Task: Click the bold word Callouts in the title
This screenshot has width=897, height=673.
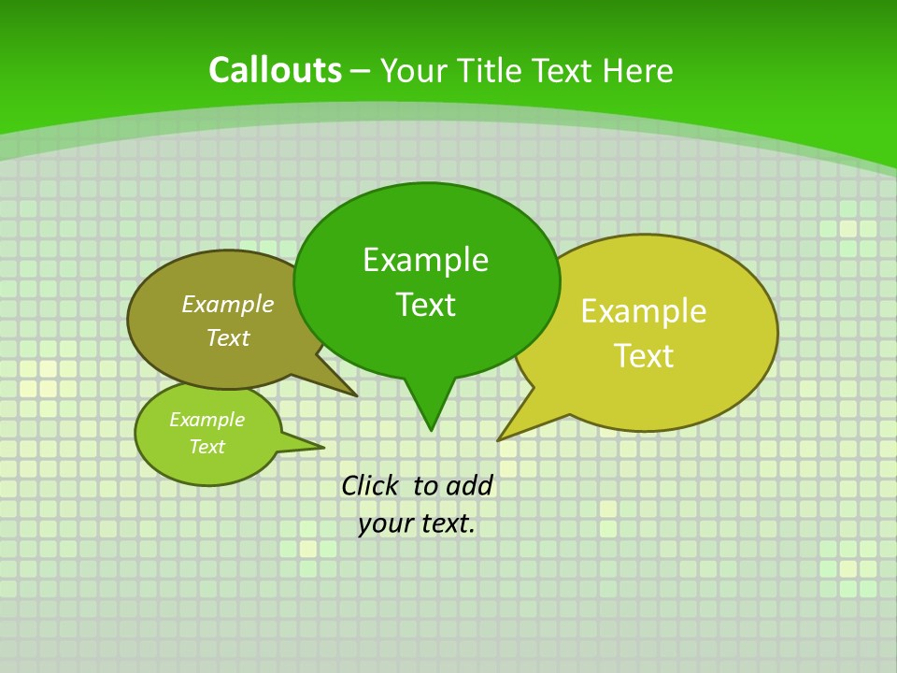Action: [x=275, y=70]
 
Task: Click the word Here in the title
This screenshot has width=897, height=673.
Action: [x=638, y=71]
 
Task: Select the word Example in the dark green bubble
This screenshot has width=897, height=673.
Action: [x=425, y=260]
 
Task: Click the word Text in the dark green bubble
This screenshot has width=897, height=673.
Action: [x=425, y=305]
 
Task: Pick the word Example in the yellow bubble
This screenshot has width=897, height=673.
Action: [x=644, y=311]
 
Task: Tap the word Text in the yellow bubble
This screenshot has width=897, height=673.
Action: [x=644, y=356]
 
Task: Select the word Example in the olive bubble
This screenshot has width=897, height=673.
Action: [x=227, y=304]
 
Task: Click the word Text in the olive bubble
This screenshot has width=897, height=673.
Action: [x=227, y=337]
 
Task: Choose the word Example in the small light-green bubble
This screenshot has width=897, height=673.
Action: [x=206, y=420]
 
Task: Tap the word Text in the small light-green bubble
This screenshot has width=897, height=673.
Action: [x=206, y=447]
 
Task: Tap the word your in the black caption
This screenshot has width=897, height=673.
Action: [x=386, y=523]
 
